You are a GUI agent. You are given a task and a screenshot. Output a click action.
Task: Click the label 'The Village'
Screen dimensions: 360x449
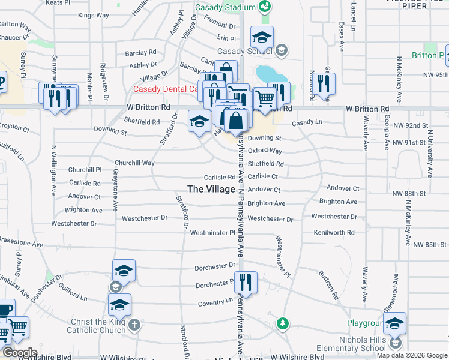[211, 188]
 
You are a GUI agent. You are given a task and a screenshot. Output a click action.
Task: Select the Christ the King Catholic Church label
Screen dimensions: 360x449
[97, 326]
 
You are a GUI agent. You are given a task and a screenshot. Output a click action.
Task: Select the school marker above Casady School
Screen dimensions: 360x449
[262, 38]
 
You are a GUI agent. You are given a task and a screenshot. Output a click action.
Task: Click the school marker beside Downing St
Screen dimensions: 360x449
[200, 121]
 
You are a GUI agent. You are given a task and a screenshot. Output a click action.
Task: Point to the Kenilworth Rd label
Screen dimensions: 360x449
[334, 232]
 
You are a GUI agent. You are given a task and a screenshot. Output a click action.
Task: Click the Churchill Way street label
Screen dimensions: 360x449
[134, 163]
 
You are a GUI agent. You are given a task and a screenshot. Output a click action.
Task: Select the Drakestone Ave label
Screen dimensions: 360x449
[22, 245]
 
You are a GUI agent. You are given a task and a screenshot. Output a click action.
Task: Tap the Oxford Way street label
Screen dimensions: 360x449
[265, 151]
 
